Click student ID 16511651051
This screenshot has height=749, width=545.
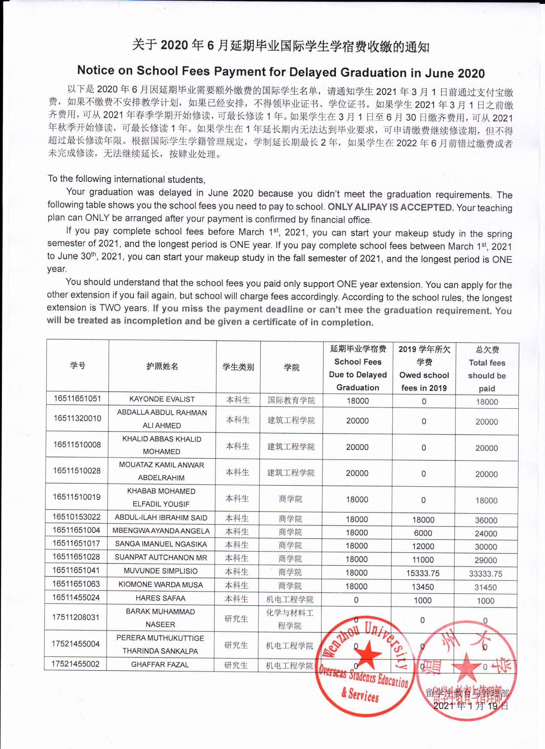coord(77,399)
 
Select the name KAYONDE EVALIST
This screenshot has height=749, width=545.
coord(162,399)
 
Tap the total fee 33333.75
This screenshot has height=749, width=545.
coord(485,574)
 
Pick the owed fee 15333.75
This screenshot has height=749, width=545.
coord(423,573)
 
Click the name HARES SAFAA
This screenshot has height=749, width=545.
coord(160,598)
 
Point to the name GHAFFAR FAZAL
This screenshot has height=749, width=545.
coord(160,664)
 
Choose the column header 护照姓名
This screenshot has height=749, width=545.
coord(162,366)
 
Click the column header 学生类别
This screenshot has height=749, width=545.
coord(238,367)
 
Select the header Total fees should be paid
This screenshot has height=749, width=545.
coord(487,369)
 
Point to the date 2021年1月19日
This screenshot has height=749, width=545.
coord(471,706)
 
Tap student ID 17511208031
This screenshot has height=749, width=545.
coord(76,617)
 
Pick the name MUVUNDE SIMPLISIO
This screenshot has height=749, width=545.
coord(161,571)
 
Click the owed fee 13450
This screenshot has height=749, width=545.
coord(423,587)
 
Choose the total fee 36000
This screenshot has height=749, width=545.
coord(486,521)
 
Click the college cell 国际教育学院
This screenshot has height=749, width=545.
coord(291,400)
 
